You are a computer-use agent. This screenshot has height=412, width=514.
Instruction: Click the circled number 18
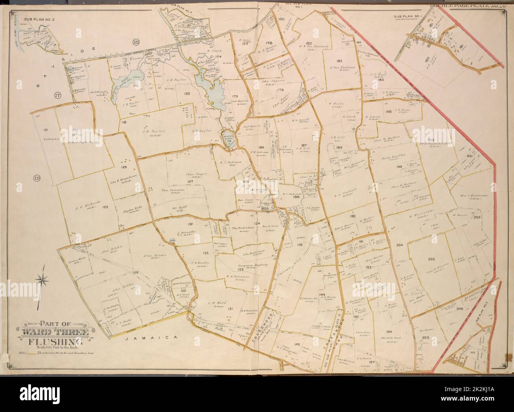point(136,43)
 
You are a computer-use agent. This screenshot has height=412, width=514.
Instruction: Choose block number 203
point(431,260)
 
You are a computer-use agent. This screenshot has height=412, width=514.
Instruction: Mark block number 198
point(389,111)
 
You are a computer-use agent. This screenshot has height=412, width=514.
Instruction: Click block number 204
point(399,245)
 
